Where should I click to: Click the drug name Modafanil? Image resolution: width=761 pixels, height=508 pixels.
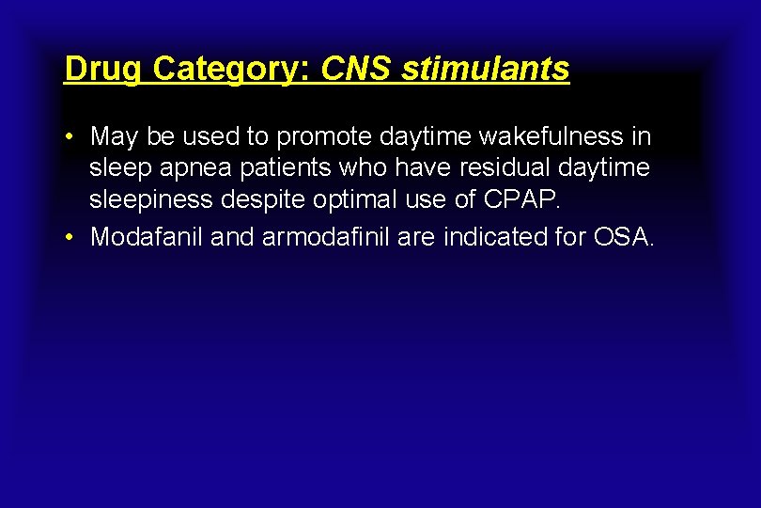tap(147, 237)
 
